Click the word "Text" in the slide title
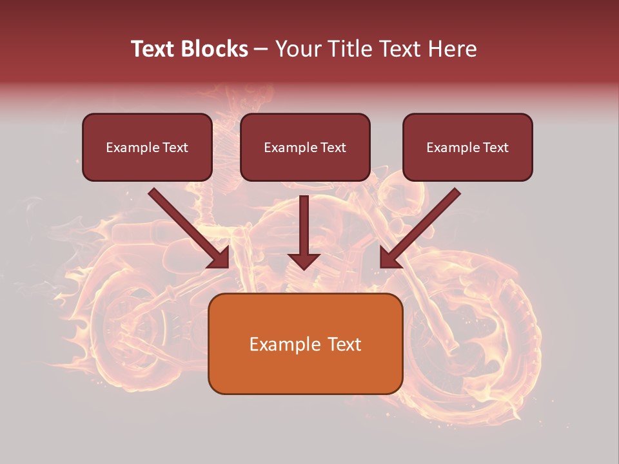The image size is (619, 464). [152, 49]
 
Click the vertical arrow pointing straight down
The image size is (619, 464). [304, 232]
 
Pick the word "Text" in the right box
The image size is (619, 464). [495, 148]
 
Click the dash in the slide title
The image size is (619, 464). [261, 50]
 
